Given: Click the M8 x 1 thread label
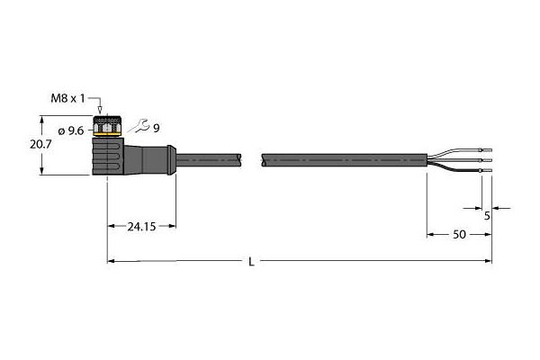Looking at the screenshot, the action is pos(67,99).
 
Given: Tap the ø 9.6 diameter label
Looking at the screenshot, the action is pos(71,130).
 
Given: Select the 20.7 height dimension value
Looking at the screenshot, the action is pos(40,144).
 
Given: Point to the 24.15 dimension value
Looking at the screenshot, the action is pos(141,227).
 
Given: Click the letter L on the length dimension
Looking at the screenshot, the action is pos(252,262).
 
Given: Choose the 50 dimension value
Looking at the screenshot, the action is pos(459,235).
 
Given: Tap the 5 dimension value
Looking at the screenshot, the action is pos(487,216).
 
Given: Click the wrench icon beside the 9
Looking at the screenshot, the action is pos(139,126).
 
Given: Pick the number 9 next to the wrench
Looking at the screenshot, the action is pos(157,129).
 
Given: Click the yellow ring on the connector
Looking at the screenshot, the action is pos(107,134).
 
